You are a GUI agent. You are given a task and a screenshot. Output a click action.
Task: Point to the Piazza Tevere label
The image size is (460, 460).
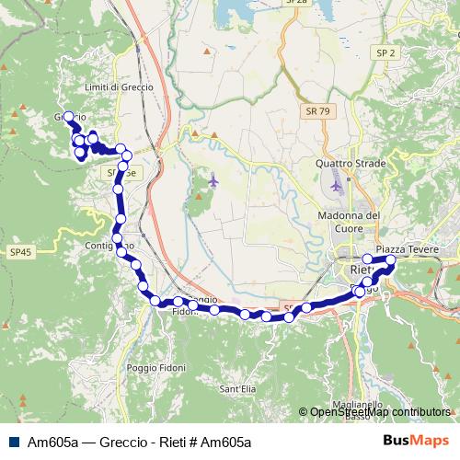pos(403,249)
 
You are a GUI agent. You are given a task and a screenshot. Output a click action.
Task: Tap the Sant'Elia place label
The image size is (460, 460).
pos(237,389)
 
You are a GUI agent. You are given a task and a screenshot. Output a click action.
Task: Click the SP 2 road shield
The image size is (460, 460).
pos(385,54)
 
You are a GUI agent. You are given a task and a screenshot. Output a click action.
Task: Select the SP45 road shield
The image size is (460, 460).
pos(20,252)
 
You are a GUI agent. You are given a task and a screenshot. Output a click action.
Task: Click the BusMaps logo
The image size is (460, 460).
pos(417,441)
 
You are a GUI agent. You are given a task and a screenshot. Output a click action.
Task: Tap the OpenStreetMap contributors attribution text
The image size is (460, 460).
pos(380,412)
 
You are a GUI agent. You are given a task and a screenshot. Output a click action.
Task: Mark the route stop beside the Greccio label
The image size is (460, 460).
pos(68,117)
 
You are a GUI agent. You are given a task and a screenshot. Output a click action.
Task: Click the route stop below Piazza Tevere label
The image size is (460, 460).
pos(390,260)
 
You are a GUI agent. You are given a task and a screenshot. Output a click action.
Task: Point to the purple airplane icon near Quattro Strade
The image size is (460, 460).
pos(337,185)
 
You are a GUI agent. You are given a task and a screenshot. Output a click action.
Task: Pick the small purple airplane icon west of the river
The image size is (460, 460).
pos(213,179)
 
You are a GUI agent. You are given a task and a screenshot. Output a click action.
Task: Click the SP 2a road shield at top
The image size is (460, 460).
pos(295,3)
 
